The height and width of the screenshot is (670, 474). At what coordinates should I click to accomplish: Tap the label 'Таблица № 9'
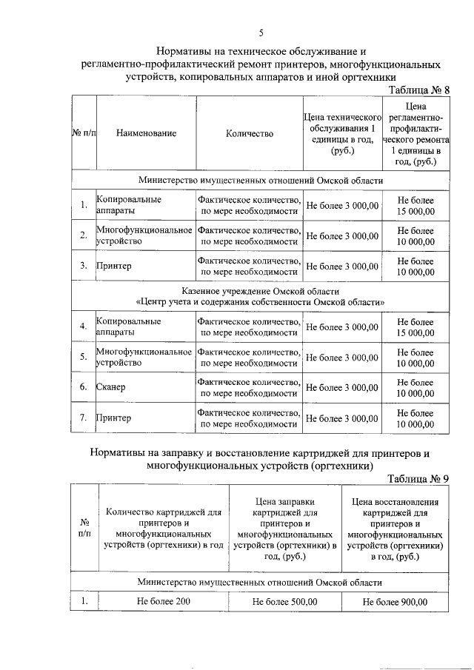click(x=418, y=478)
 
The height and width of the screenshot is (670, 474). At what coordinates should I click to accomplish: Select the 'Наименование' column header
click(x=146, y=133)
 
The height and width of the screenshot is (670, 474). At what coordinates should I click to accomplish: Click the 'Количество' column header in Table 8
click(x=250, y=133)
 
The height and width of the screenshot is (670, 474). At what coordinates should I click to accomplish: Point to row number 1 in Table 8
click(x=84, y=205)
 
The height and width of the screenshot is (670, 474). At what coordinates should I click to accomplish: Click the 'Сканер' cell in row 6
click(x=111, y=387)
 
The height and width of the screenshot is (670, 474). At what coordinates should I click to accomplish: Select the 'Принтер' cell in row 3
click(x=113, y=266)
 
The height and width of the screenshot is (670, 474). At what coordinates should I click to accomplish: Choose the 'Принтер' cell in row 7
click(x=113, y=418)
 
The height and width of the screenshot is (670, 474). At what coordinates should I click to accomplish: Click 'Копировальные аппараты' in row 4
click(x=129, y=327)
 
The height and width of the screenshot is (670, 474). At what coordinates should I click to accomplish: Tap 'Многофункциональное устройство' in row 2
click(x=144, y=235)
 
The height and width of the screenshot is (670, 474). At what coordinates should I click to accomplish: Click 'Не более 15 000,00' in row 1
click(x=415, y=205)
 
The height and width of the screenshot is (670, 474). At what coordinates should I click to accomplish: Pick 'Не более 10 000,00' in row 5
click(x=415, y=358)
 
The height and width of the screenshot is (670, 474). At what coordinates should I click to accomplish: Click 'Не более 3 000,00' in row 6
click(x=341, y=387)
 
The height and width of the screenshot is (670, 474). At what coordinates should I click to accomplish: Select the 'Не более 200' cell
click(x=164, y=601)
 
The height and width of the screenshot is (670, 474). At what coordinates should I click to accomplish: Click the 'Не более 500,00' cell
click(x=285, y=602)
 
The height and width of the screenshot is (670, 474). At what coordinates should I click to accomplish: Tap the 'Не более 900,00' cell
click(x=395, y=602)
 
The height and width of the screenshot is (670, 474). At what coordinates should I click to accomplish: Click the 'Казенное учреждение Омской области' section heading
click(x=261, y=297)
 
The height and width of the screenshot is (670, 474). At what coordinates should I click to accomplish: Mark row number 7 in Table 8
click(x=84, y=418)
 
